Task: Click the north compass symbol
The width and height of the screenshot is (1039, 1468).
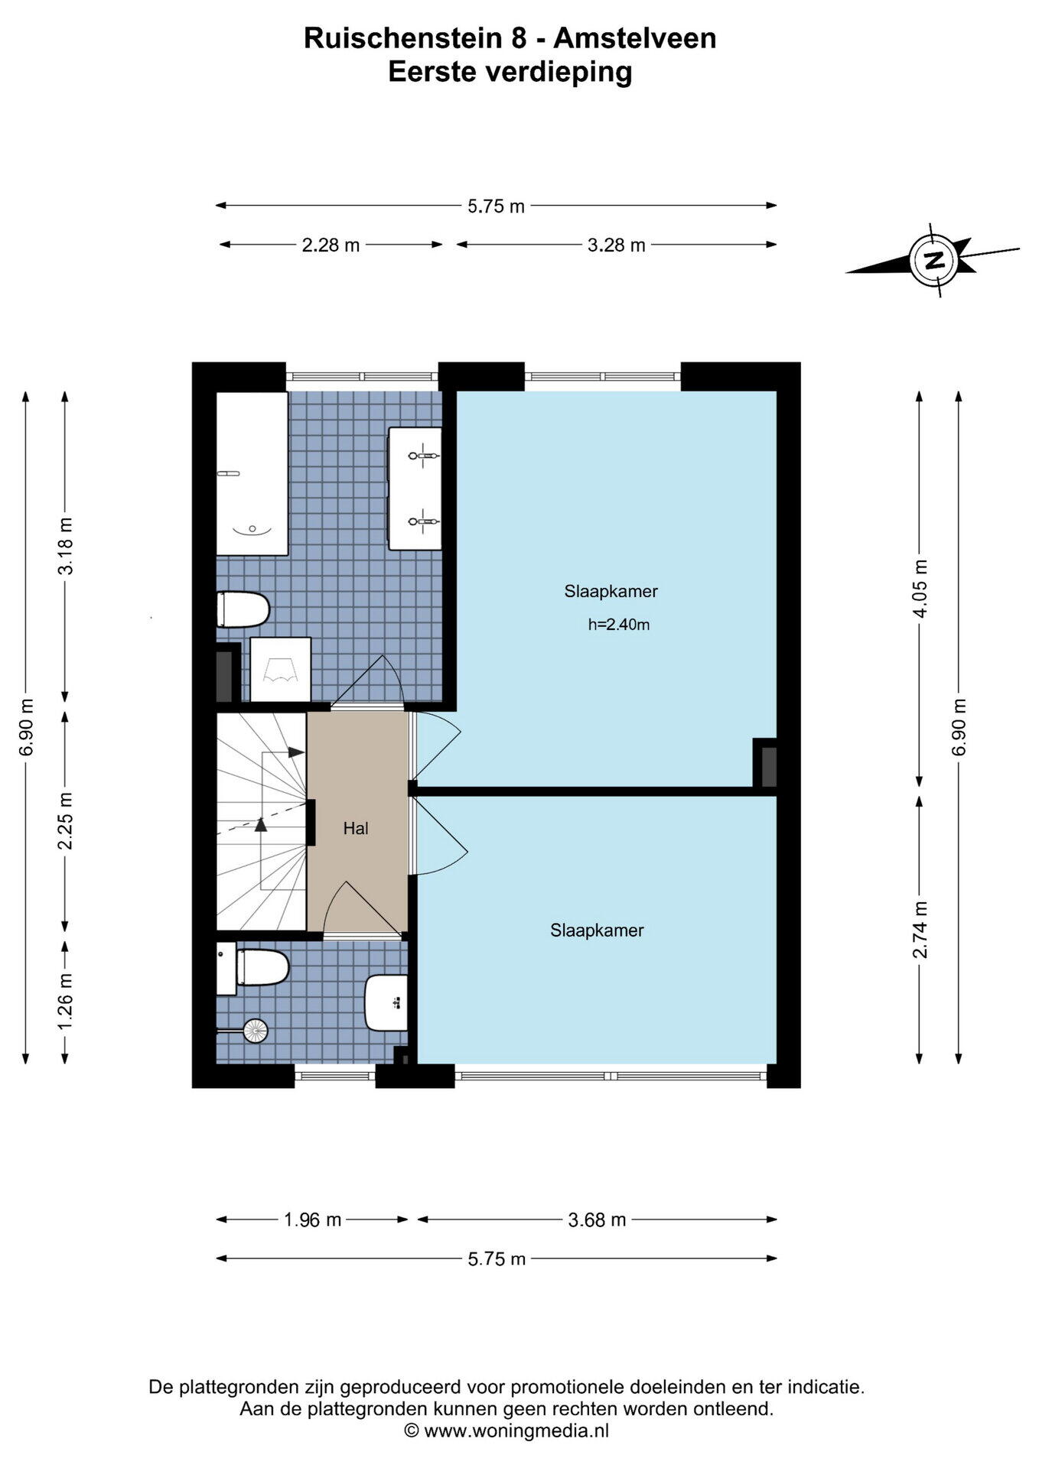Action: tap(933, 260)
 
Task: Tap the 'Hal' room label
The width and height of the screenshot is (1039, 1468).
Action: tap(356, 828)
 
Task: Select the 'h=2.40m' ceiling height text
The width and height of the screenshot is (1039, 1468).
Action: tap(619, 625)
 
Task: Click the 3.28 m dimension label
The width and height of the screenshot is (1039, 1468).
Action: tap(617, 245)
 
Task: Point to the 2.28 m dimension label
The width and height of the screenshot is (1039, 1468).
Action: tap(331, 245)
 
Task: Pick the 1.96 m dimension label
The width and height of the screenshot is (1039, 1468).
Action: tap(312, 1220)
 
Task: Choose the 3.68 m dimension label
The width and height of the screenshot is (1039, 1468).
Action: tap(597, 1220)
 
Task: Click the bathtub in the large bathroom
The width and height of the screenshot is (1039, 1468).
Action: tap(252, 473)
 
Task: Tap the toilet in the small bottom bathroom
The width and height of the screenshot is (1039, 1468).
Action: tap(253, 968)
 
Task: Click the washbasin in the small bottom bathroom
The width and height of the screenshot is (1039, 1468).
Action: tap(386, 1002)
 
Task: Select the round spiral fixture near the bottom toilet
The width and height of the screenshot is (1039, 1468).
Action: tap(256, 1031)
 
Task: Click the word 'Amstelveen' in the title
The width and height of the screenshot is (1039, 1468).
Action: tap(635, 38)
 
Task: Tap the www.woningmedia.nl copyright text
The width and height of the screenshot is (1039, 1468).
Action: tap(506, 1431)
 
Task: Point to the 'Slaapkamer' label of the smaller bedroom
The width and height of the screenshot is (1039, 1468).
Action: tap(597, 930)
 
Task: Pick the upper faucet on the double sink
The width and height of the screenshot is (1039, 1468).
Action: tap(423, 456)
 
